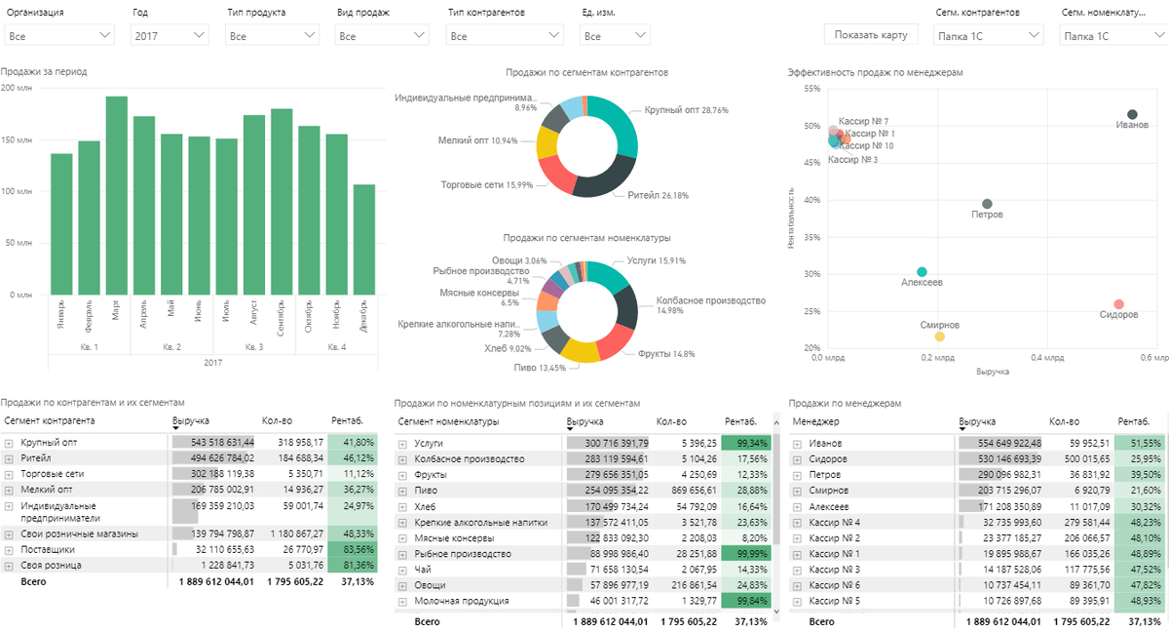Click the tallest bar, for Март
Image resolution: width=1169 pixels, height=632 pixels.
[117, 195]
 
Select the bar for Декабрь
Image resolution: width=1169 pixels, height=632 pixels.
[364, 239]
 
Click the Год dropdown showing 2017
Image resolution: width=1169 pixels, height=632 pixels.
[170, 36]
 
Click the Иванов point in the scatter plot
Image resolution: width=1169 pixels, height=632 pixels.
[1132, 115]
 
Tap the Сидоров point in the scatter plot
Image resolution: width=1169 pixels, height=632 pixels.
[1118, 304]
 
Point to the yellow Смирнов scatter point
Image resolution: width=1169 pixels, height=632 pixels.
[940, 336]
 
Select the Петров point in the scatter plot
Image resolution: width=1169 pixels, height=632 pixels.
[987, 204]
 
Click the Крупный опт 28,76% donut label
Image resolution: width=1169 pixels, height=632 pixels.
[686, 110]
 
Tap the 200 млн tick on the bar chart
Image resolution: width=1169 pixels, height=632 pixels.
[18, 88]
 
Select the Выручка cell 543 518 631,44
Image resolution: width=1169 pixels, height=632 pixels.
[213, 442]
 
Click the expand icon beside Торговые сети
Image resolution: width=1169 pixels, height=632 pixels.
[9, 474]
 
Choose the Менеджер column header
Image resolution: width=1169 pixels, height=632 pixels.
[815, 421]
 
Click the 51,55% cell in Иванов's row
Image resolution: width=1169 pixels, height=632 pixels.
[1140, 444]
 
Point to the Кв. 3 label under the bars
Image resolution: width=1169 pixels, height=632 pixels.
[253, 347]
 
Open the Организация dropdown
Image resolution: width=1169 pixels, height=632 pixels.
[59, 36]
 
